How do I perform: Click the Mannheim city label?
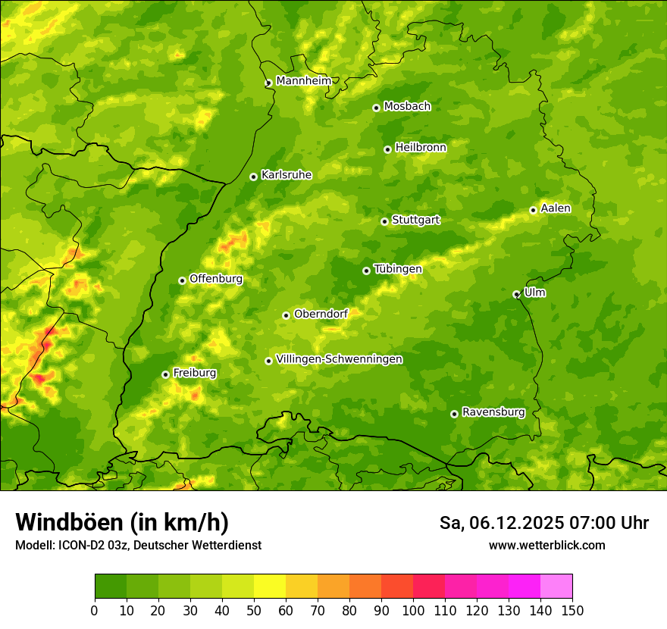(303, 81)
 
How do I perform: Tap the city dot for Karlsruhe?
(254, 177)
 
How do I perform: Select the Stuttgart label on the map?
(415, 221)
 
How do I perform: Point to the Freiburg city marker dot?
(166, 374)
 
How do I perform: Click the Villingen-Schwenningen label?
(339, 359)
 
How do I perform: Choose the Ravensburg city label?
(493, 412)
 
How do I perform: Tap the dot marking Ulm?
(516, 294)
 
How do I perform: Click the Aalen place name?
(556, 208)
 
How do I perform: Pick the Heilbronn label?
(421, 148)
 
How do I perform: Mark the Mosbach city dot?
(376, 108)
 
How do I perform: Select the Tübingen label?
(397, 269)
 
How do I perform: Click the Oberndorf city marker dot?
(286, 315)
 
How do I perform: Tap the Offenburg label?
(216, 279)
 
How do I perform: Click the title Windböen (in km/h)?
(122, 522)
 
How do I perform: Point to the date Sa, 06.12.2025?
(501, 523)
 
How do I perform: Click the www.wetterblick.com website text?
(546, 545)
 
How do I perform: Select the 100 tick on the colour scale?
(413, 610)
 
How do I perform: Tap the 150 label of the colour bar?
(572, 610)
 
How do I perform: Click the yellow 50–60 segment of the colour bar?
(270, 587)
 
